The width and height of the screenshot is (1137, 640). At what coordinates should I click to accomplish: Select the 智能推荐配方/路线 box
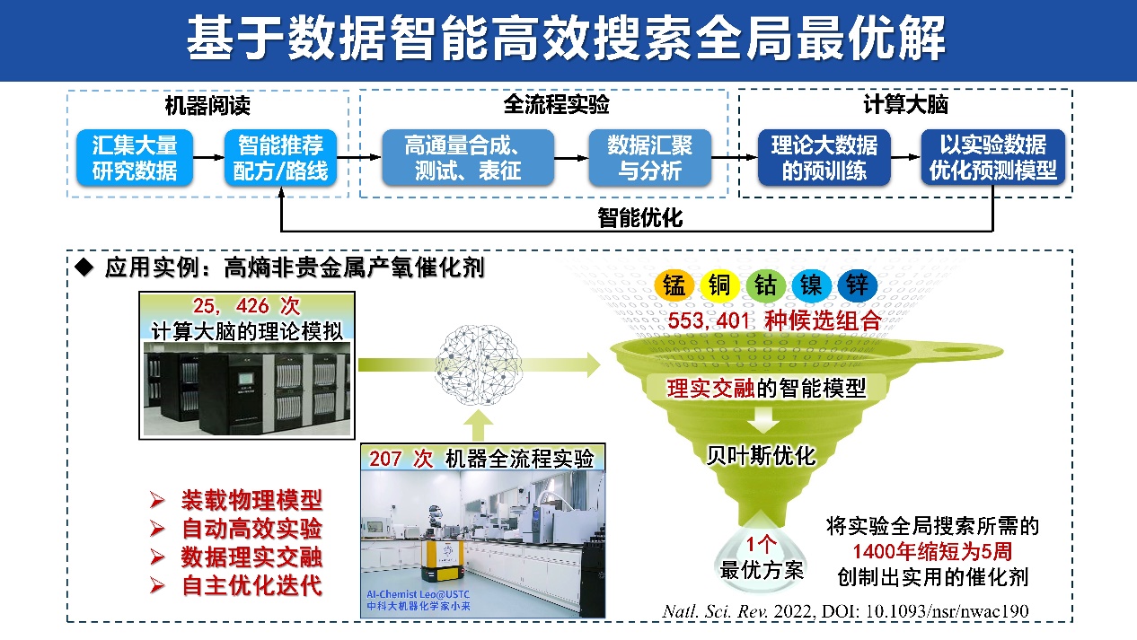point(280,157)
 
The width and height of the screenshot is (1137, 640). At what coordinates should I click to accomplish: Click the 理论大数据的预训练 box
point(824,157)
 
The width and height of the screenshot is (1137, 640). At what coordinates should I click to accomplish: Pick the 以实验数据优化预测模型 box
point(992,157)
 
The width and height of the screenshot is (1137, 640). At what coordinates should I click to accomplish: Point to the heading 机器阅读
point(207,106)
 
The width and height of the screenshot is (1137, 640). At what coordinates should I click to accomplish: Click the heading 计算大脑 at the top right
point(905,105)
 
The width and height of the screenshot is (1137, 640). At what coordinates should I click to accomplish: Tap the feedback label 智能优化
point(639,218)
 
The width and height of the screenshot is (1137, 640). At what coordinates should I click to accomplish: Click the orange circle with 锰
point(674,285)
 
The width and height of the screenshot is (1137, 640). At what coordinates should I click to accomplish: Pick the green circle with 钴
point(765,285)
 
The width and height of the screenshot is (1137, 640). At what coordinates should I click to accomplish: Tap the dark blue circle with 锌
point(854,285)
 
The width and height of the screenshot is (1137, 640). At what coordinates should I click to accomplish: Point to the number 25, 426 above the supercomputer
point(231,306)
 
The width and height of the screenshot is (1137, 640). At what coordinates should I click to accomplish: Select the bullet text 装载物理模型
point(251,500)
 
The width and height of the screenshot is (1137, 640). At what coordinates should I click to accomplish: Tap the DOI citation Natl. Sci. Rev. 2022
point(844,610)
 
